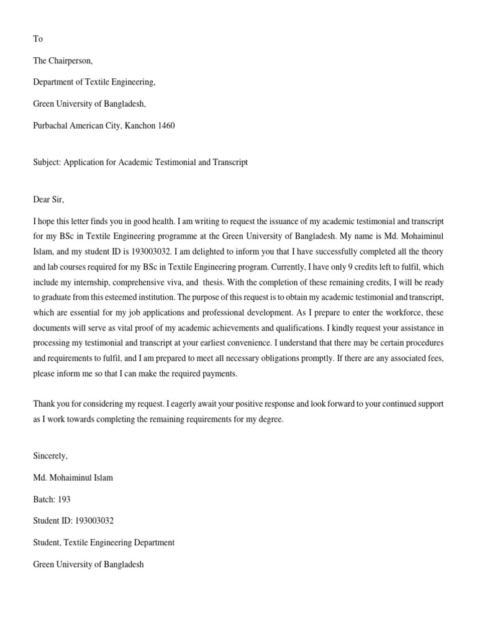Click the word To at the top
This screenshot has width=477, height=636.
[38, 39]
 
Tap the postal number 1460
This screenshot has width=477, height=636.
[166, 125]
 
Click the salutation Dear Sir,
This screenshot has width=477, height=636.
[48, 199]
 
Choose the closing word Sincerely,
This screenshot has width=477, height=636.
[50, 456]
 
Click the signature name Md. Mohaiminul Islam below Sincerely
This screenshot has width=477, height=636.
[73, 478]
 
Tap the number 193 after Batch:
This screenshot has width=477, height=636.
[64, 499]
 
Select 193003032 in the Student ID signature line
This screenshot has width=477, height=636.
[93, 521]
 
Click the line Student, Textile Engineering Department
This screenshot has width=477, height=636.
[104, 543]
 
